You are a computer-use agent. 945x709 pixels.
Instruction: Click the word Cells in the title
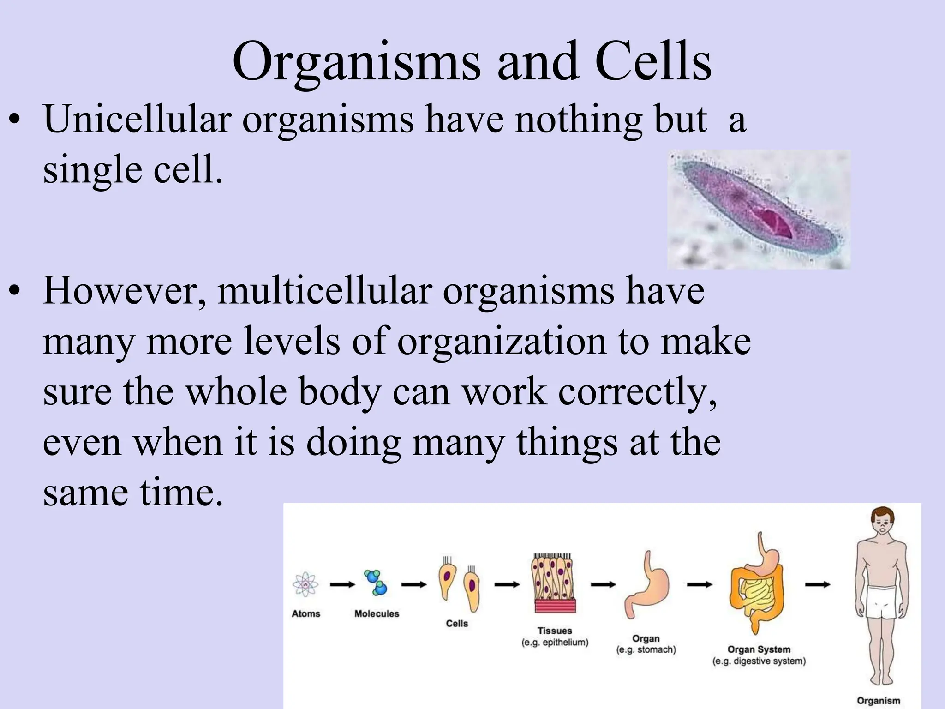coord(653,62)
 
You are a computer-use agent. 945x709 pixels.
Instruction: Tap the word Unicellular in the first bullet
coord(137,120)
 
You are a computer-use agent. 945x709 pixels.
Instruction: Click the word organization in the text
coord(502,342)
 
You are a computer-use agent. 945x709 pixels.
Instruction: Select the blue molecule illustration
coord(376,583)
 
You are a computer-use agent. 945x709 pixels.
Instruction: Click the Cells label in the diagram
coord(457,624)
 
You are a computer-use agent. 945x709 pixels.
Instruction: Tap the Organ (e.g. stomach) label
coord(646,644)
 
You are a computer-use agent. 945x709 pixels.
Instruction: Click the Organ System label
coord(759,650)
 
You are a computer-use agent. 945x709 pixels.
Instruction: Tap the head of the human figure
coord(882,524)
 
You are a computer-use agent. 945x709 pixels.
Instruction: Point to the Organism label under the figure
coord(879,701)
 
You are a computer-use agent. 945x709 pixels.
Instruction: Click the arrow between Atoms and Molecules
coord(342,585)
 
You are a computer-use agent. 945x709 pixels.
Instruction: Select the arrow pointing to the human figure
coord(818,585)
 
